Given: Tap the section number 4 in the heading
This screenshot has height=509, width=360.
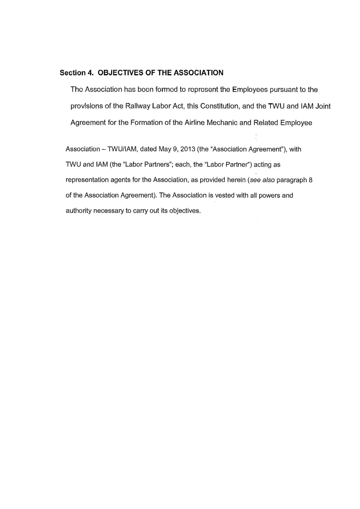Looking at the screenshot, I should point(89,73).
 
